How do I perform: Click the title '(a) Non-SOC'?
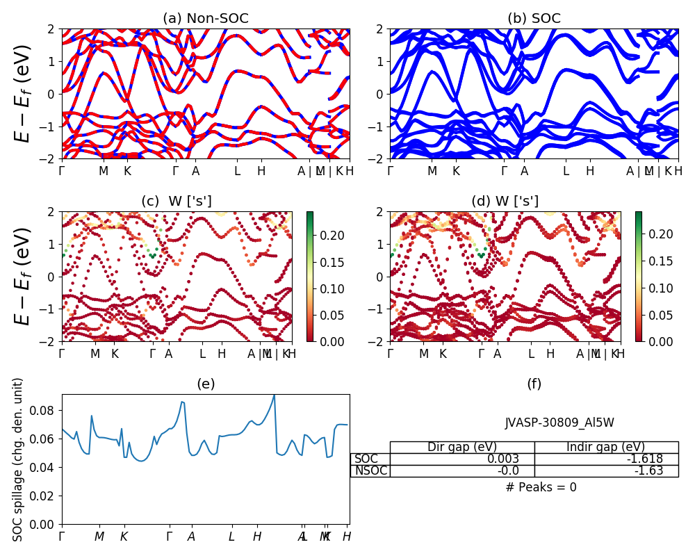pos(205,18)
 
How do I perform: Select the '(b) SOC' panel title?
pos(534,18)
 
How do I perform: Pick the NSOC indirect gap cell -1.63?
pos(650,471)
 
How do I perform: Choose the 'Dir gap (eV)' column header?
pos(462,447)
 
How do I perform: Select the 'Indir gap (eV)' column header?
pos(606,447)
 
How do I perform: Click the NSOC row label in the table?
pos(370,471)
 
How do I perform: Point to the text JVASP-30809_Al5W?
pos(559,423)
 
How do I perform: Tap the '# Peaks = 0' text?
pos(541,487)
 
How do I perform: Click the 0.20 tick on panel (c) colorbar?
pos(322,236)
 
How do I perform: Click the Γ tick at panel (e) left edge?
pos(62,537)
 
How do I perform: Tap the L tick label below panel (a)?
pos(237,171)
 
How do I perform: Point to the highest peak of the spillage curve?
pos(275,395)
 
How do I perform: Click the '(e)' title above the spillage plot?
pos(206,384)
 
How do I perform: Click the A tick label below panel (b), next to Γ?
pos(524,171)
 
